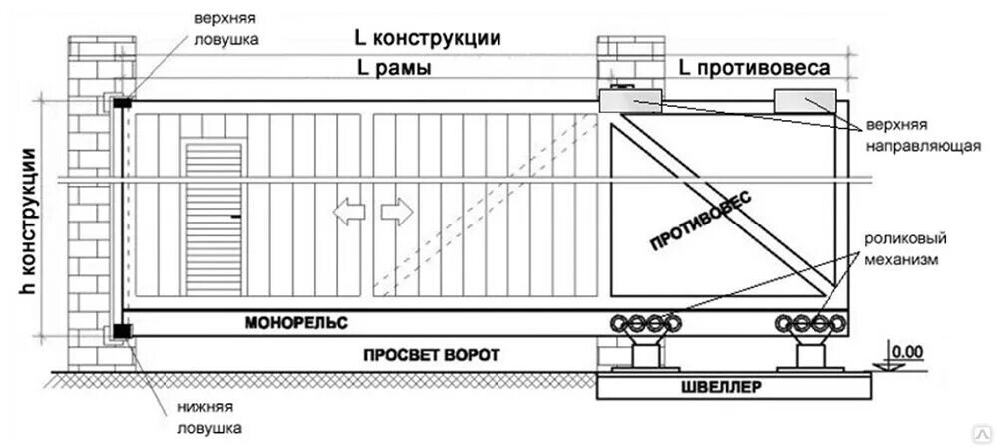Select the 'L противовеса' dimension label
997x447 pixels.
pos(754,68)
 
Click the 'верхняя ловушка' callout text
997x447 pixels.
pos(227,31)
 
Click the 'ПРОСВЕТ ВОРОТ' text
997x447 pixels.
pos(431,355)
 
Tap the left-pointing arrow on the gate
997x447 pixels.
pos(348,212)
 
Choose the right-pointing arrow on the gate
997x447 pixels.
pos(395,212)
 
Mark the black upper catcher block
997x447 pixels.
pos(123,102)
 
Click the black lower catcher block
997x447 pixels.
pos(122,330)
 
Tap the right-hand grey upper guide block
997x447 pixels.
pos(805,99)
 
